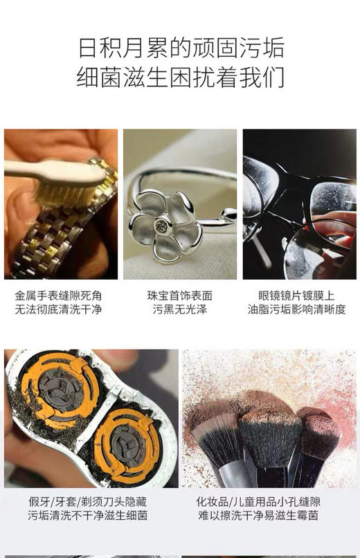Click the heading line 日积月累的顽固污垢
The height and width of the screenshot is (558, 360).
click(180, 49)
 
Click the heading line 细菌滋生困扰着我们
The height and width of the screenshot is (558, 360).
click(180, 77)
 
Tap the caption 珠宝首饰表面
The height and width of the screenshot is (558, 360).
click(179, 295)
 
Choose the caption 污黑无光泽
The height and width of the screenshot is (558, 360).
click(179, 309)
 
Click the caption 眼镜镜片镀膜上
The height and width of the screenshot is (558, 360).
click(296, 295)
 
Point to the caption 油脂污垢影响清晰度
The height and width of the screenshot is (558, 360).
click(296, 309)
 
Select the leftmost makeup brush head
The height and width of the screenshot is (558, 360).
click(217, 436)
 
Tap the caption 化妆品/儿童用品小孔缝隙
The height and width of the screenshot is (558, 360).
click(267, 501)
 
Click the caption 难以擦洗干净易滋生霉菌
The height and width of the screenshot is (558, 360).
click(267, 516)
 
